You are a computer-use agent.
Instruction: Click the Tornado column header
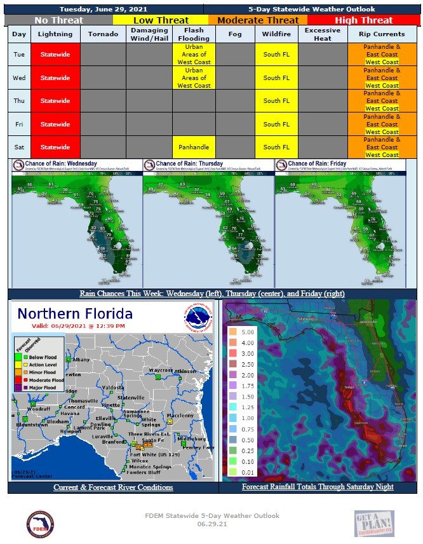click(x=103, y=34)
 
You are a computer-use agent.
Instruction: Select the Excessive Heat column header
click(x=323, y=34)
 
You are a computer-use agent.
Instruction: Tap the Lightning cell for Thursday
click(x=55, y=100)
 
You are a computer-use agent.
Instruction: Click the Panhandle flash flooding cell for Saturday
click(x=194, y=147)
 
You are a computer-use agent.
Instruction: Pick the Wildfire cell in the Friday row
click(x=276, y=124)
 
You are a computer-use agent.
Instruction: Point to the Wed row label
click(x=20, y=78)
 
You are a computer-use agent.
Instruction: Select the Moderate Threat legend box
click(x=257, y=20)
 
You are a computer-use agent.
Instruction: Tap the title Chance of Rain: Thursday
click(x=189, y=164)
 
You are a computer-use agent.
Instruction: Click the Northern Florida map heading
click(x=75, y=314)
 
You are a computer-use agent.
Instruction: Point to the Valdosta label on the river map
click(x=114, y=387)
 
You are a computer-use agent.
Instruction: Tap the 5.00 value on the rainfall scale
click(x=248, y=331)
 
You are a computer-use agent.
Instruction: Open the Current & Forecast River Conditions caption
click(x=113, y=487)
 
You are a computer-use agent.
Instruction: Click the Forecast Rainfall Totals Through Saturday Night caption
click(x=318, y=487)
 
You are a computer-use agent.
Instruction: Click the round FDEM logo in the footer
click(x=39, y=524)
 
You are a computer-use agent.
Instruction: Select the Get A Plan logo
click(x=374, y=524)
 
